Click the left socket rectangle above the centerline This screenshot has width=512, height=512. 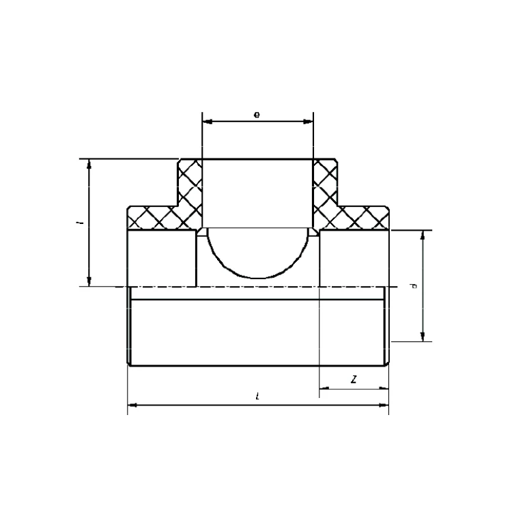tap(162, 258)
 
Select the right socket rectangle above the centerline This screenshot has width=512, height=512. tap(354, 258)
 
